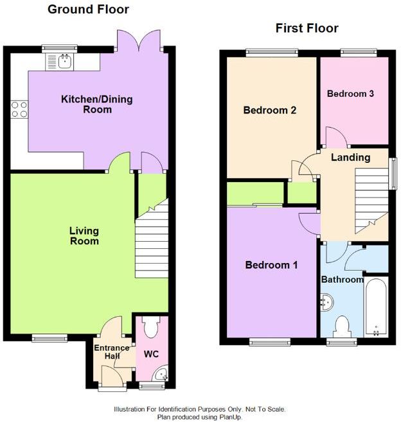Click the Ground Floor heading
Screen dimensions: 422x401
click(88, 10)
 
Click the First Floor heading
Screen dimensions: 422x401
click(307, 28)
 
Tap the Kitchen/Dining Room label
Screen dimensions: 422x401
click(87, 104)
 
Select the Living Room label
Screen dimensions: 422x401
click(84, 235)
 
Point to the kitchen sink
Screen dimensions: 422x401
click(64, 61)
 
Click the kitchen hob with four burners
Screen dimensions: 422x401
click(19, 110)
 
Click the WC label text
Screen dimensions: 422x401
click(151, 354)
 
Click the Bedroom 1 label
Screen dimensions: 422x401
click(271, 264)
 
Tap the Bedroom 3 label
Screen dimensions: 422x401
click(350, 94)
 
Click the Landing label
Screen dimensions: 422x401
click(350, 157)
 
